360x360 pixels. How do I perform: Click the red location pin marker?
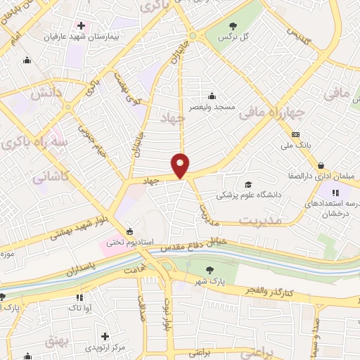click(181, 165)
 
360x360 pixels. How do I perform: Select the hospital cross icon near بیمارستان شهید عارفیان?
click(81, 25)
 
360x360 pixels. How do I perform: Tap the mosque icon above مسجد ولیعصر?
click(212, 97)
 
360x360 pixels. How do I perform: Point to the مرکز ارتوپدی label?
click(105, 347)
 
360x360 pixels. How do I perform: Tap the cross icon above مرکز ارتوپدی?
click(105, 337)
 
